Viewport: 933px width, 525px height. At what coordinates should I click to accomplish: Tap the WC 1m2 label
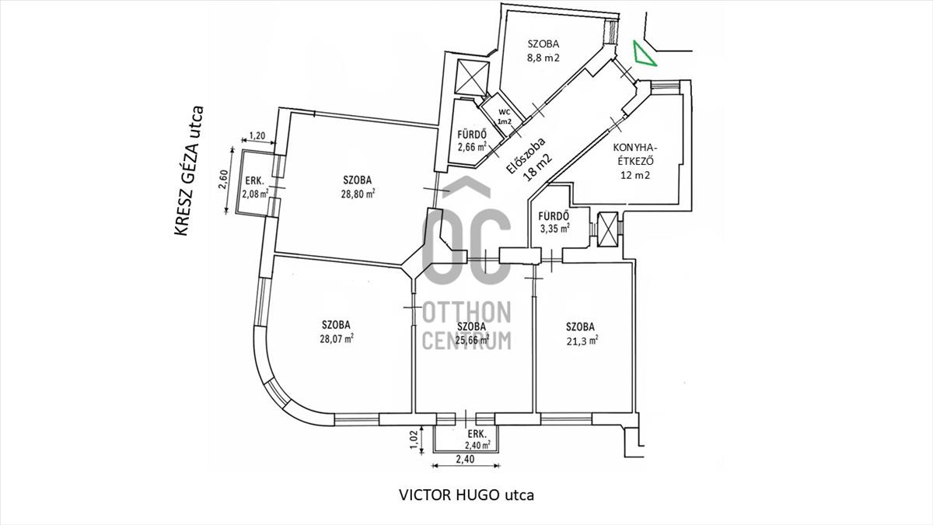coord(505,117)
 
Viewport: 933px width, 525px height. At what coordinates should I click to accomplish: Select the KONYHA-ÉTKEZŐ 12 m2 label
coord(634,161)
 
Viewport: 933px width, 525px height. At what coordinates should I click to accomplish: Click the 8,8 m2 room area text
coord(543,58)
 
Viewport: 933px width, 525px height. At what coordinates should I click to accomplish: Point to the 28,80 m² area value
coord(358,194)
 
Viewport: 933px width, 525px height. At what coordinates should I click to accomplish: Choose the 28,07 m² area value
coord(337,338)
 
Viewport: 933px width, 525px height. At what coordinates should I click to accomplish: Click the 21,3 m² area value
coord(582,341)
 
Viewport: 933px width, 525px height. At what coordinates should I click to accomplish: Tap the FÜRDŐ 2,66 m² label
coord(472,141)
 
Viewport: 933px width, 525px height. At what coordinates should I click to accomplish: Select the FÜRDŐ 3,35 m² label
coord(554,222)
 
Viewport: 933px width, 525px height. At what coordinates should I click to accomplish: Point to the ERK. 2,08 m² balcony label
coord(255,187)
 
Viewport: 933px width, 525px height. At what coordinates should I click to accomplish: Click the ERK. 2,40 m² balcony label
coord(477,439)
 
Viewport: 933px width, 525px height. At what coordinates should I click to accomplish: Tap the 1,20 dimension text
coord(257,135)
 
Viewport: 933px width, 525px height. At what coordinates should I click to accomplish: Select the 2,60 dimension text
coord(223,180)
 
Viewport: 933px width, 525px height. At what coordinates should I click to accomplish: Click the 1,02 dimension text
coord(413,439)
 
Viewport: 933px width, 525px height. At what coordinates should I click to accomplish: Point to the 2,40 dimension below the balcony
coord(465,459)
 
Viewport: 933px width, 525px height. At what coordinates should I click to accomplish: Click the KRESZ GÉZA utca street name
coord(189,171)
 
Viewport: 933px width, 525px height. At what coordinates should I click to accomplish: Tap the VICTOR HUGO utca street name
coord(466,495)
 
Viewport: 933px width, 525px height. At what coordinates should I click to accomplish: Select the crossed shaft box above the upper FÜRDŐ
coord(473,78)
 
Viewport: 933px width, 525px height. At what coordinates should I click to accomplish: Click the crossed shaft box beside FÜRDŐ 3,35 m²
coord(608,229)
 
